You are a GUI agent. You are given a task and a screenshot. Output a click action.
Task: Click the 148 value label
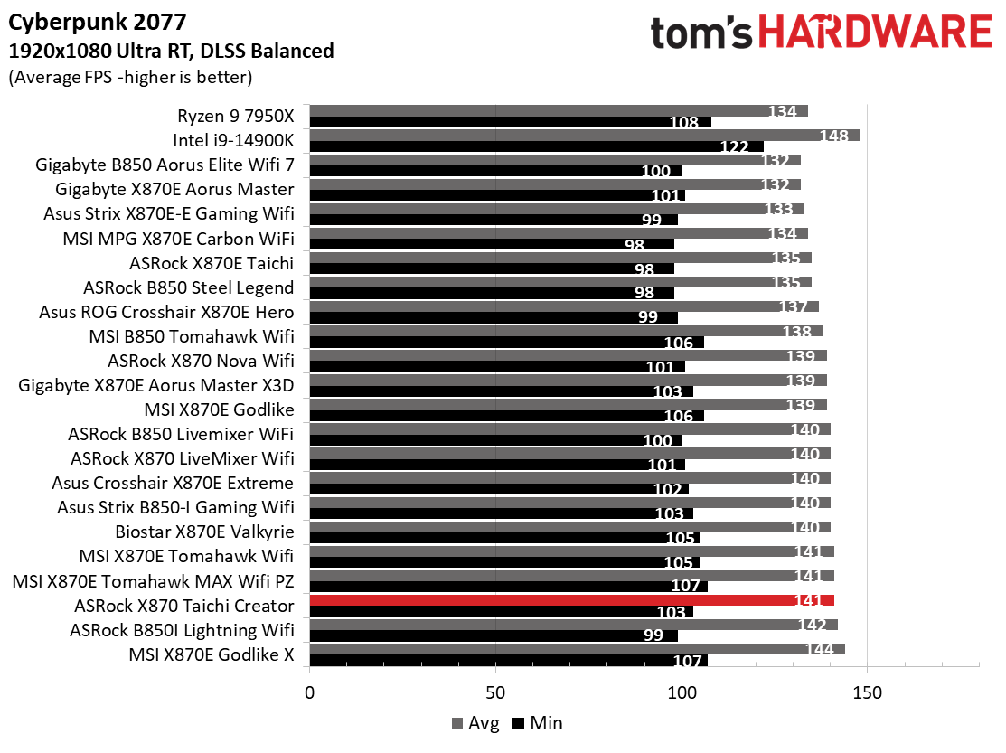click(832, 136)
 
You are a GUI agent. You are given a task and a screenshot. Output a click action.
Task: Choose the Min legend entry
click(538, 723)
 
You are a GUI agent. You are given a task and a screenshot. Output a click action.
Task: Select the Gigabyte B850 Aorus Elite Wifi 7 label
click(165, 165)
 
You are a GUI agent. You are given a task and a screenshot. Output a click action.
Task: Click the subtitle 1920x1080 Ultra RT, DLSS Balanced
click(171, 51)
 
